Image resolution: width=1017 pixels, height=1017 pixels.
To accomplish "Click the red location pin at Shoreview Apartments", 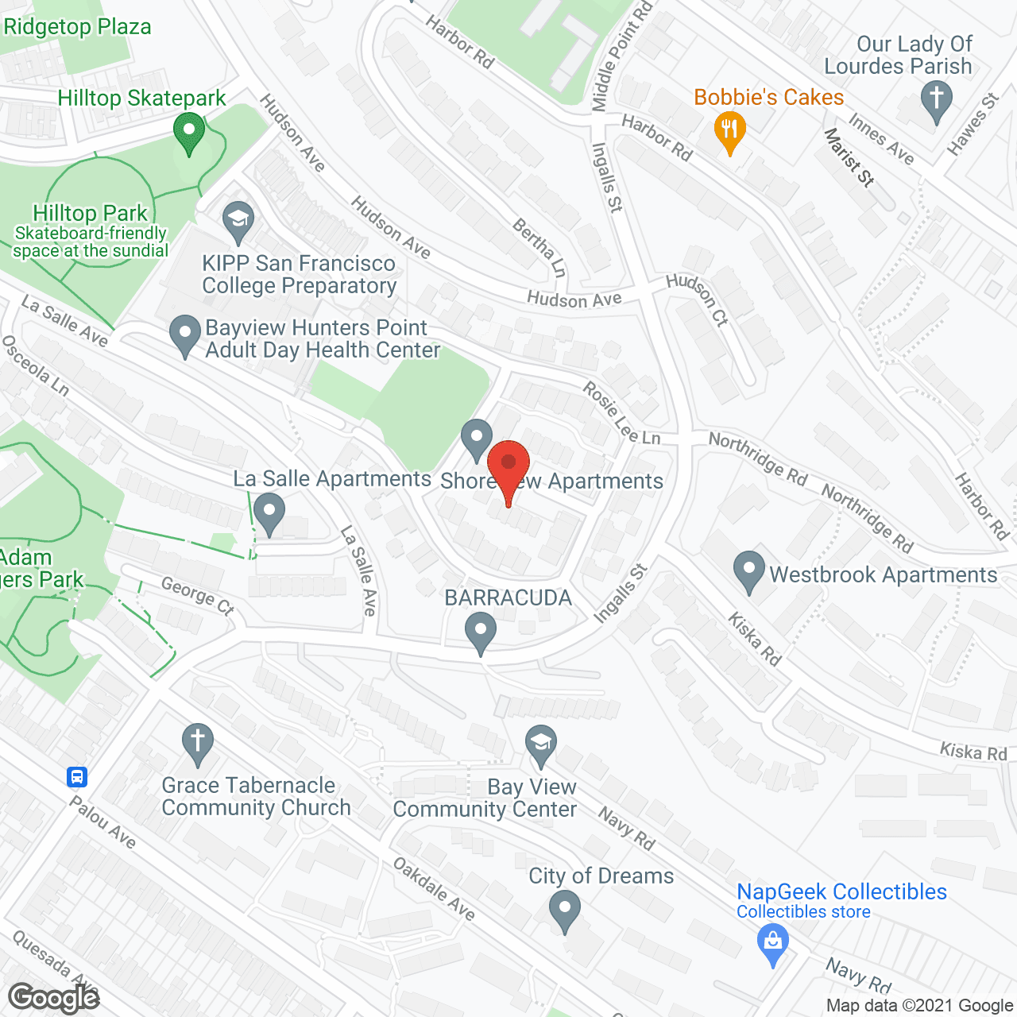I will coord(508,467).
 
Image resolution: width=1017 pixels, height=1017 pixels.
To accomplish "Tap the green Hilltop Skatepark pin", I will coord(188,132).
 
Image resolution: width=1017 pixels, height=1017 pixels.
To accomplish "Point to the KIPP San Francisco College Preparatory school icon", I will coord(238,222).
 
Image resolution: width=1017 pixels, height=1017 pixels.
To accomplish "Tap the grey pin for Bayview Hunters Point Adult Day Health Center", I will coord(185,335).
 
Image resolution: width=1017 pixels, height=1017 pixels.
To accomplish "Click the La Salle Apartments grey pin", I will coord(269,513).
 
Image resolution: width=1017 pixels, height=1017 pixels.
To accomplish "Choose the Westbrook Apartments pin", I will coord(748,571).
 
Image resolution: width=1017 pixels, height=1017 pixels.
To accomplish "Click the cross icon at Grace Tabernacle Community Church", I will coord(197,743).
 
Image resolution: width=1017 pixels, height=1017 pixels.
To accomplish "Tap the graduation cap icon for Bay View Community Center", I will coord(541,744).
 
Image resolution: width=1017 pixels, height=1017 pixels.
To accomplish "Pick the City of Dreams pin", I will coord(564,911).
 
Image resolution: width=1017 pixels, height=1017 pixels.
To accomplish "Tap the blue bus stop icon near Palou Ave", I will coord(77,776).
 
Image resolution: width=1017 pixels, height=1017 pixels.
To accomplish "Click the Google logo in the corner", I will coord(54,998).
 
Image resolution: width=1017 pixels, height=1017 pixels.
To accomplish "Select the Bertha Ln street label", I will coord(539,248).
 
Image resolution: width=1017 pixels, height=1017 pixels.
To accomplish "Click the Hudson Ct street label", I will coord(697,300).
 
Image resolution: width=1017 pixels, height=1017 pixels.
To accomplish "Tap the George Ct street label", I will coord(198,596).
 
